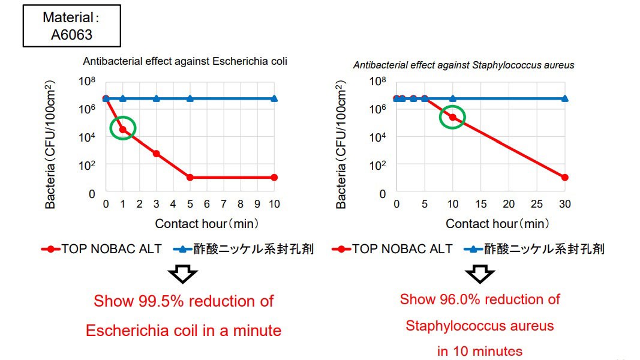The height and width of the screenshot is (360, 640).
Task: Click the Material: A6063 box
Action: [x=71, y=25]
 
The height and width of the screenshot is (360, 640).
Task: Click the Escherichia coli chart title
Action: [x=185, y=61]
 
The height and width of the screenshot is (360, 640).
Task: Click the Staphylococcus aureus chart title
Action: [x=463, y=65]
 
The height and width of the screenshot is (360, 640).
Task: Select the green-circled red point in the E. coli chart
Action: [x=123, y=129]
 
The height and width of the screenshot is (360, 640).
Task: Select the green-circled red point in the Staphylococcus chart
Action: [x=453, y=118]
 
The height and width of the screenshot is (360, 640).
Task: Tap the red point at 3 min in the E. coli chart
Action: [x=157, y=154]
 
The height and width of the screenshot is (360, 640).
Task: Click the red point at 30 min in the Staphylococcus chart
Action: [x=564, y=178]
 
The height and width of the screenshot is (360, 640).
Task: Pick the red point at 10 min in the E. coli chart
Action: [x=274, y=178]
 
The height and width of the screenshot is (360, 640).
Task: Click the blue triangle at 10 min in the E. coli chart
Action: [x=274, y=98]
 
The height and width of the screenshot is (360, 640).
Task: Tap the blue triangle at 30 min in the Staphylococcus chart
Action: [x=564, y=98]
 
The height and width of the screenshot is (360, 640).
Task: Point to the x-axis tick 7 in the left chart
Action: [x=224, y=205]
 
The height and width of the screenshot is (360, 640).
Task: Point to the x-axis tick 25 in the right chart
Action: [x=536, y=205]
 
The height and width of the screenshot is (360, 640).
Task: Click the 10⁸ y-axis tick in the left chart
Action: [x=88, y=82]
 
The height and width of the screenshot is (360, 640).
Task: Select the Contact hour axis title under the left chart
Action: [x=207, y=224]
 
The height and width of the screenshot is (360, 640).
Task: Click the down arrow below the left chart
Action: [x=182, y=274]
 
